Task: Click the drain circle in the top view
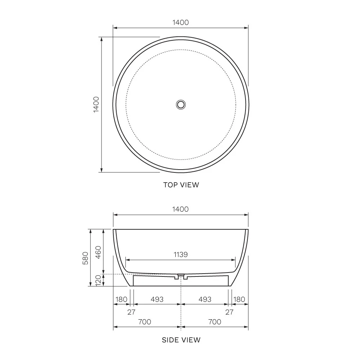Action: click(181, 104)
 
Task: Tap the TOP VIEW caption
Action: click(181, 185)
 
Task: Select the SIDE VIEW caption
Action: click(181, 340)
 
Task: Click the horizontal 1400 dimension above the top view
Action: click(181, 22)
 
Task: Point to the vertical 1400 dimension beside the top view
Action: click(96, 104)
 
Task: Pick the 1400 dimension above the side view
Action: click(181, 209)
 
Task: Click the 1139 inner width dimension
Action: click(181, 255)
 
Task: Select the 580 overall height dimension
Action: click(85, 258)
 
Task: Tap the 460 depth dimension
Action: click(99, 252)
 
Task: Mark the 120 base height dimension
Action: click(99, 280)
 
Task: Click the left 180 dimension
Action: click(121, 299)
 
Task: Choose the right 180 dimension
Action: click(239, 299)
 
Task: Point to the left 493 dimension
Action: click(157, 299)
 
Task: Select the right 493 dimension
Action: click(205, 299)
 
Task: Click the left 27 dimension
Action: click(131, 312)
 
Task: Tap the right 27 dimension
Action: click(229, 312)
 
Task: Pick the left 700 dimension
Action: click(145, 322)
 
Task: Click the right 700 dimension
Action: click(215, 322)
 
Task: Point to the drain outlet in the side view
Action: click(181, 277)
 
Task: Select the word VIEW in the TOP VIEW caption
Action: click(189, 185)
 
